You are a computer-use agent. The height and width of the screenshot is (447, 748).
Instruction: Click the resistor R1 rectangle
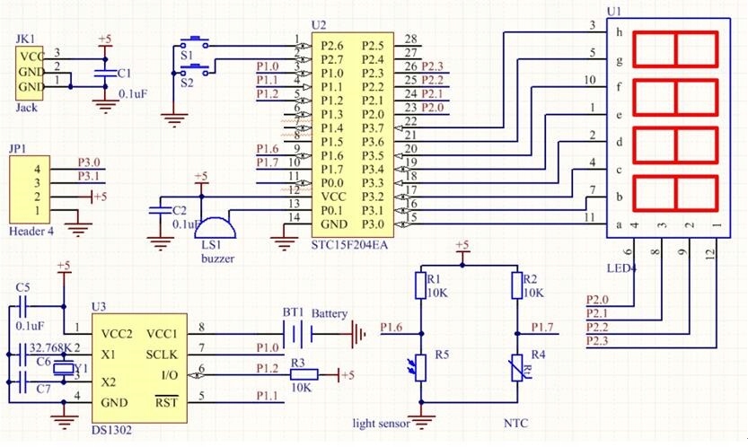tap(419, 285)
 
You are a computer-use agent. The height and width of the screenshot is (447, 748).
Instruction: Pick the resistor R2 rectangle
tap(517, 285)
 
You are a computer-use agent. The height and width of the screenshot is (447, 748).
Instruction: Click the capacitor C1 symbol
tap(105, 73)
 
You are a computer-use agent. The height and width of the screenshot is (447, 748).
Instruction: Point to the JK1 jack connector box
tap(30, 73)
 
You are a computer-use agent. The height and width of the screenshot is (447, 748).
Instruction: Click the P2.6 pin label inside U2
tap(332, 45)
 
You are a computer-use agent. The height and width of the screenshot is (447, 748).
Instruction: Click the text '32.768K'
tap(48, 347)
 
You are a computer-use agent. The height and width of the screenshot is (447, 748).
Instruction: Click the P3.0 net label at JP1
tap(89, 162)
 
